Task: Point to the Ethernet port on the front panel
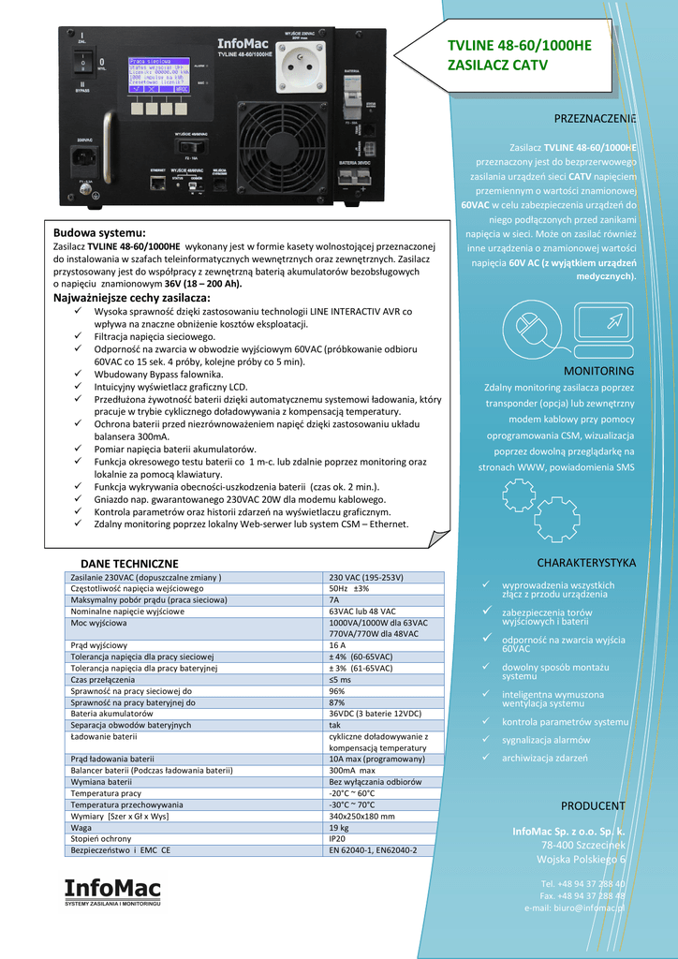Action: coord(155,184)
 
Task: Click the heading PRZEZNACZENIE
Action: coord(595,119)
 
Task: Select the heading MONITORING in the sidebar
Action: coord(598,371)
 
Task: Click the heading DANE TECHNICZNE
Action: coord(137,563)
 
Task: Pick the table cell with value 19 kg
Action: coord(338,828)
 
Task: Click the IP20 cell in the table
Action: coord(338,839)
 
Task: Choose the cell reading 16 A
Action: coord(338,645)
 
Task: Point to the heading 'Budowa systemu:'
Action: coord(99,232)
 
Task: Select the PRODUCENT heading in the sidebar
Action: coord(593,805)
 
